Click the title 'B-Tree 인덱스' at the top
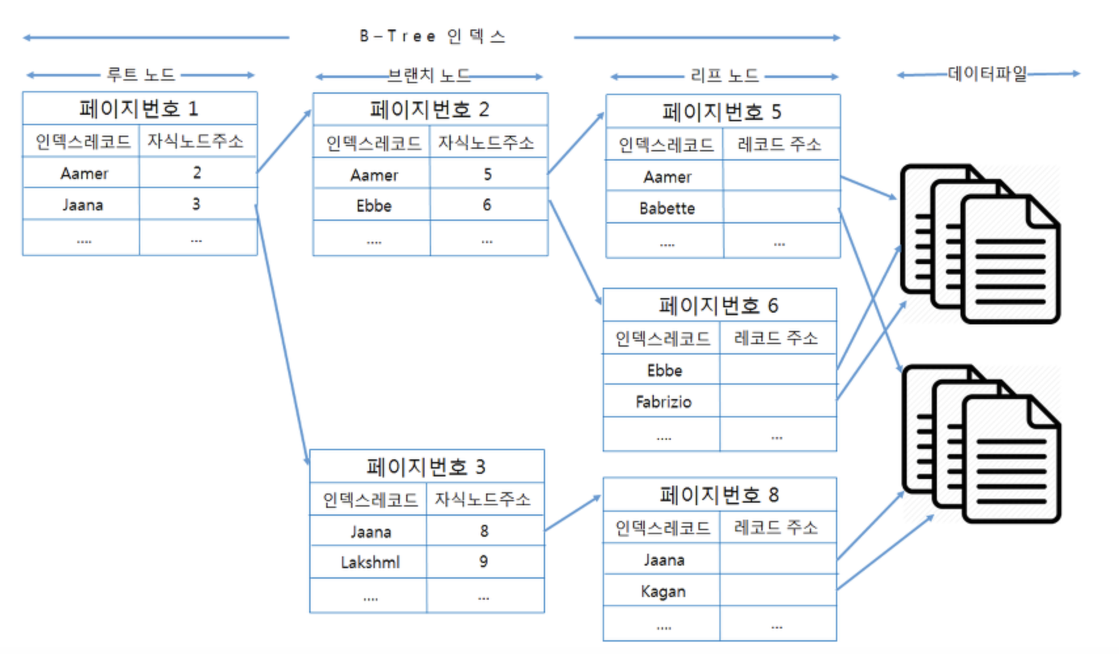click(x=432, y=36)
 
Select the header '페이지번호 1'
click(x=139, y=108)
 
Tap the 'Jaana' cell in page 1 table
click(x=83, y=205)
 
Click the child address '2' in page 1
click(x=197, y=173)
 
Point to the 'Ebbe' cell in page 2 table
click(x=373, y=206)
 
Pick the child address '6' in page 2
click(x=487, y=205)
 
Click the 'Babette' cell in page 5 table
click(x=667, y=208)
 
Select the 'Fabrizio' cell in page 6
click(x=663, y=402)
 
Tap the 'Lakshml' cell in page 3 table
click(x=370, y=562)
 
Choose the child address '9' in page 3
click(x=484, y=562)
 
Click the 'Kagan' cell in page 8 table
click(x=663, y=592)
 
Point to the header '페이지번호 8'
click(x=719, y=495)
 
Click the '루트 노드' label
click(x=140, y=75)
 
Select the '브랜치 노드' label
click(x=429, y=76)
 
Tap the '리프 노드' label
click(x=725, y=76)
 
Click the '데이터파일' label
click(x=987, y=73)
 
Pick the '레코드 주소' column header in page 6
click(x=776, y=338)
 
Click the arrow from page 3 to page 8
click(x=572, y=513)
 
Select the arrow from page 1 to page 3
click(x=282, y=334)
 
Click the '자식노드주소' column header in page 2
click(x=486, y=143)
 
